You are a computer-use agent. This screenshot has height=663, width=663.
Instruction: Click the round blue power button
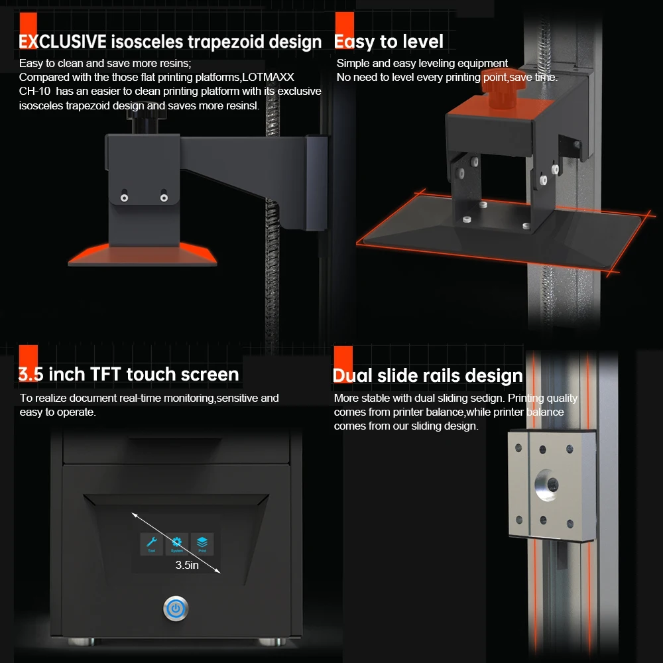[x=176, y=608]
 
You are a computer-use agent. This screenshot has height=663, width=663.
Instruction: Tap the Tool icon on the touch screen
[x=151, y=544]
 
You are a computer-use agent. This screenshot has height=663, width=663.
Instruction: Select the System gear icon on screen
[x=177, y=544]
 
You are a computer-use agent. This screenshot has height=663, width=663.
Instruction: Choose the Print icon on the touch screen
[x=202, y=544]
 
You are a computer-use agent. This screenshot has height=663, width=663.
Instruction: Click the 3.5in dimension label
[x=187, y=565]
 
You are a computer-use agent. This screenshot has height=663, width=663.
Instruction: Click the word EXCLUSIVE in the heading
[x=62, y=42]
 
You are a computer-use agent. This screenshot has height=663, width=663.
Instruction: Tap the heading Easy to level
[x=389, y=42]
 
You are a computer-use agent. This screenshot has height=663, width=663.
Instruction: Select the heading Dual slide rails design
[x=428, y=376]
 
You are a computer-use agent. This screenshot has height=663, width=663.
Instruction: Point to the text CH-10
[x=34, y=91]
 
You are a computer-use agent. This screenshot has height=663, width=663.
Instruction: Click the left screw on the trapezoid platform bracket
[x=123, y=197]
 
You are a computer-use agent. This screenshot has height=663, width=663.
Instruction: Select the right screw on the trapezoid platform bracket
[x=163, y=197]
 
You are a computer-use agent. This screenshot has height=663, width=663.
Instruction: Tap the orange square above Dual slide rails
[x=343, y=357]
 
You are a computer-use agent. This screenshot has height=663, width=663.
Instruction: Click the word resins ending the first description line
[x=174, y=64]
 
